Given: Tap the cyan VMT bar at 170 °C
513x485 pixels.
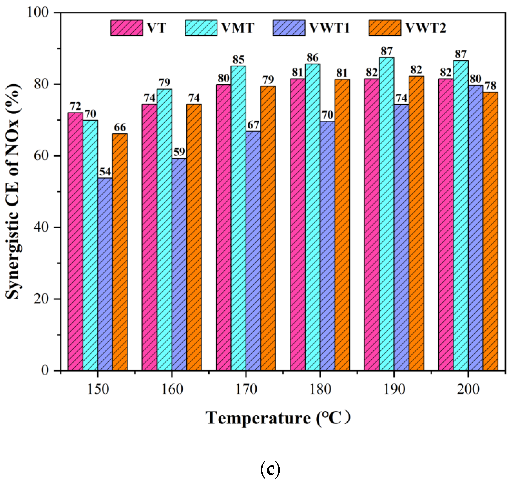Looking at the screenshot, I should coord(238,218).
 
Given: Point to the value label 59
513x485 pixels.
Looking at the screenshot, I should coord(179,152).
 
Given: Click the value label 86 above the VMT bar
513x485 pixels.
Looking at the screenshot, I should coord(312,58).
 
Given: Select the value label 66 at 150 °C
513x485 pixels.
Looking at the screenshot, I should coord(120,128).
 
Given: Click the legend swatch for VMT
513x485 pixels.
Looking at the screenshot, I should coord(201,28).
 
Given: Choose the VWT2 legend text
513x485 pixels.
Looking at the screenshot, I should coord(426,28).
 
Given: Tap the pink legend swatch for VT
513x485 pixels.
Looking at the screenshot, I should coord(127,28).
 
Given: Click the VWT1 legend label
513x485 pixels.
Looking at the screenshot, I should coord(329,28).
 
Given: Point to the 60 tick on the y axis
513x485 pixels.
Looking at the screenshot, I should coord(41,156).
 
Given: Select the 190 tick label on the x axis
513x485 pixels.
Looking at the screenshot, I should coord(394,389).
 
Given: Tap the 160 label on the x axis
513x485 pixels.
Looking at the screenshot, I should coord(172,389).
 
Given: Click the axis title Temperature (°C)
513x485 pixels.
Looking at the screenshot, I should coord(278,418).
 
